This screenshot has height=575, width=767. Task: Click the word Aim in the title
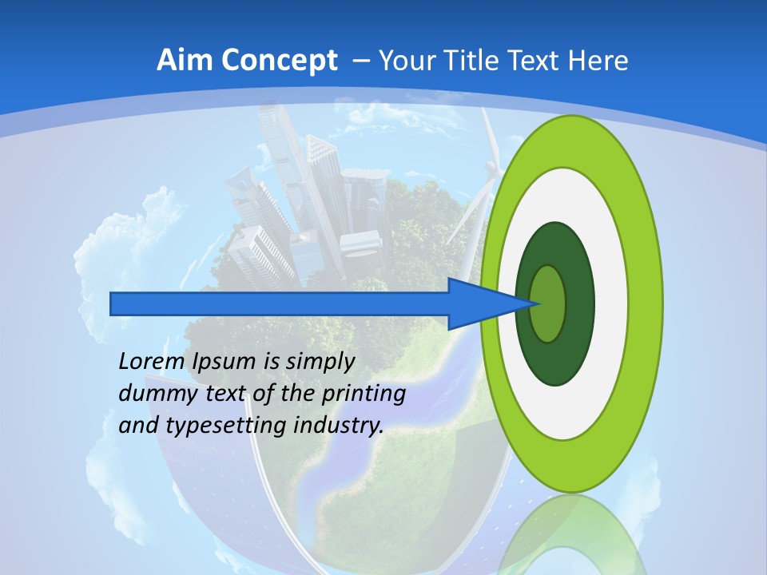coord(185,60)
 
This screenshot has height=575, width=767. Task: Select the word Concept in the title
coord(279,60)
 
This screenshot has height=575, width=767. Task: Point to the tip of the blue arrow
coord(540,303)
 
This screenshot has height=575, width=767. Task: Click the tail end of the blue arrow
coord(113,303)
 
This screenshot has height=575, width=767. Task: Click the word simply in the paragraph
coord(320,362)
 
